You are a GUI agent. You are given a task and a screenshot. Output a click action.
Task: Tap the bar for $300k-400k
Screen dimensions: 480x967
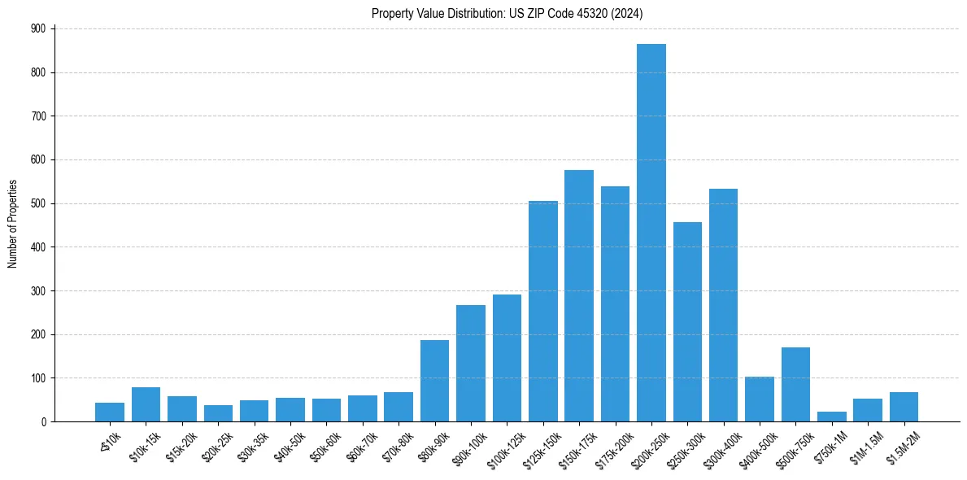pos(723,305)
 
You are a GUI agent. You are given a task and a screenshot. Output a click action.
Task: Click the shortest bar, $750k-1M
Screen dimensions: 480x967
pos(831,417)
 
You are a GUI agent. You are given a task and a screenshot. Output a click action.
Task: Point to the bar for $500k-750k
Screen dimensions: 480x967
pos(795,384)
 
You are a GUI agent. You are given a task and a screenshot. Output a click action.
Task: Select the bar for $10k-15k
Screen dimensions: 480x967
pos(146,404)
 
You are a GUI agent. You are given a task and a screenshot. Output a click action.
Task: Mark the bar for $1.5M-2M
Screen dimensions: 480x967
pos(904,407)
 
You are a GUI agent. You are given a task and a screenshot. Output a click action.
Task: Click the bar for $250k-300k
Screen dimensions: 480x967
pos(687,321)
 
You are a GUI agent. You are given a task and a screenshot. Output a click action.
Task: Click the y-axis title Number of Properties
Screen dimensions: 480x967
pos(12,225)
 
